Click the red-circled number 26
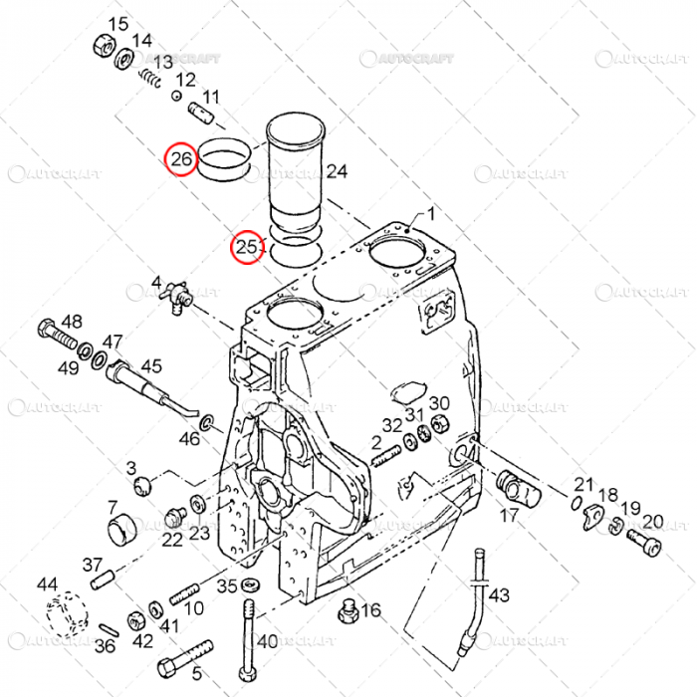click(x=180, y=158)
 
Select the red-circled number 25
click(x=246, y=248)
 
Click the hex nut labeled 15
click(x=103, y=46)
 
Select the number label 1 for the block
click(x=432, y=214)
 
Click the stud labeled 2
click(x=386, y=458)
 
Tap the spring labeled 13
click(x=150, y=78)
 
